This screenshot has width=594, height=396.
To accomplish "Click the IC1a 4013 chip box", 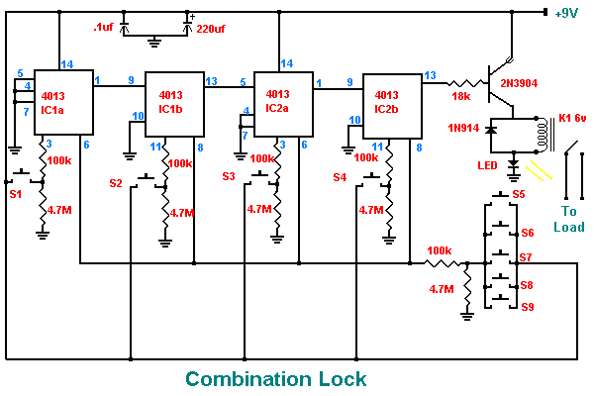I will point(63,103).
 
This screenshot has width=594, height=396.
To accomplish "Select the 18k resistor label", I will point(460,97).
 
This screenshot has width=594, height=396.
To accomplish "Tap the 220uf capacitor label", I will point(220,30).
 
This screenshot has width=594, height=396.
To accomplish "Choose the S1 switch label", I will point(15,194).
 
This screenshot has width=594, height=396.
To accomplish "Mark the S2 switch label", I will point(116,183).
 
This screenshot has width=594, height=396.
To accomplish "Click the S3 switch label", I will point(229,177).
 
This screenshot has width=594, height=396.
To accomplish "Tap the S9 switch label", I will point(528,307).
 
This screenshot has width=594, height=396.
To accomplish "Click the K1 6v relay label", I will point(571,118).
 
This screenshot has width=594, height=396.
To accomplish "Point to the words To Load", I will point(568,219).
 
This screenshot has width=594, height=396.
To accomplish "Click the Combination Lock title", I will point(276,378).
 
